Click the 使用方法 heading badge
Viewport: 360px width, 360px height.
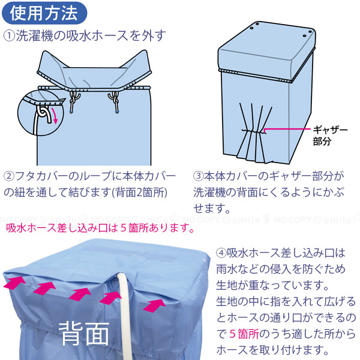pyautogui.click(x=44, y=13)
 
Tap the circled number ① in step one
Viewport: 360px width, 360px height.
pyautogui.click(x=9, y=36)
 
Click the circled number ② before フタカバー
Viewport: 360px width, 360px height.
pyautogui.click(x=9, y=176)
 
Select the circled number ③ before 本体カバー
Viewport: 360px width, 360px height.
pyautogui.click(x=199, y=176)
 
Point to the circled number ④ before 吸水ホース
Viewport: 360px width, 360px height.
pyautogui.click(x=221, y=253)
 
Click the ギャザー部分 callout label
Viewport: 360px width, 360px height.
pyautogui.click(x=330, y=136)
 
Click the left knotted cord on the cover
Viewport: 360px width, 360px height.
pyautogui.click(x=73, y=100)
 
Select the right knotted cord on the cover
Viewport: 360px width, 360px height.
pyautogui.click(x=115, y=101)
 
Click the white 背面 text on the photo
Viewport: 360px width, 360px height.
pyautogui.click(x=84, y=334)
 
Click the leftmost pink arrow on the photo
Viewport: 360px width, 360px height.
pyautogui.click(x=14, y=282)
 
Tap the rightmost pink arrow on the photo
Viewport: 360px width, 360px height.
pyautogui.click(x=155, y=305)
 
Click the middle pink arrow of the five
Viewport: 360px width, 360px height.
pyautogui.click(x=80, y=295)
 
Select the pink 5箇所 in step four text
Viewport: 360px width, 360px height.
pyautogui.click(x=244, y=334)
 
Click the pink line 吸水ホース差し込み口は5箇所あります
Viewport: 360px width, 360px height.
pyautogui.click(x=100, y=228)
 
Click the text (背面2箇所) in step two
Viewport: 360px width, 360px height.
pyautogui.click(x=139, y=193)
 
